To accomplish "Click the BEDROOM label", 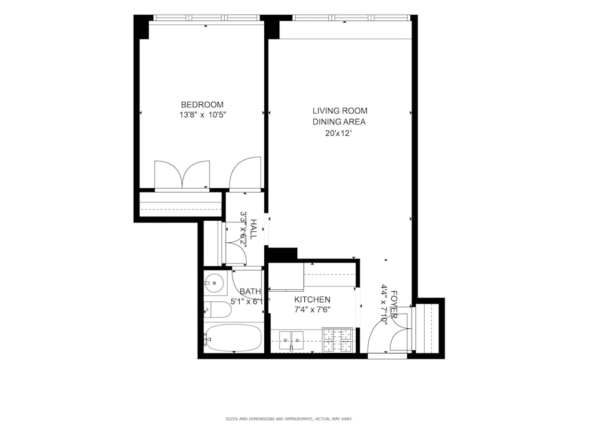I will pyautogui.click(x=202, y=105).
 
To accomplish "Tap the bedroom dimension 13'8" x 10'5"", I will pyautogui.click(x=203, y=115).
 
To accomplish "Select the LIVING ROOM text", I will pyautogui.click(x=340, y=111).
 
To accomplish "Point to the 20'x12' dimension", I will pyautogui.click(x=338, y=133).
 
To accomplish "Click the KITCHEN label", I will pyautogui.click(x=312, y=300).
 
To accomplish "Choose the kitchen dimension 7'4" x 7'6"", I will pyautogui.click(x=312, y=310).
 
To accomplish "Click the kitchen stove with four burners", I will pyautogui.click(x=337, y=340).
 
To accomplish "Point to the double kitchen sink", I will pyautogui.click(x=291, y=340).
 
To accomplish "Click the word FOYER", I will pyautogui.click(x=393, y=304).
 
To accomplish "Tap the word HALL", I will pyautogui.click(x=253, y=229).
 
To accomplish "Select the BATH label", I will pyautogui.click(x=250, y=291).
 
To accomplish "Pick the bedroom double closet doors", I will pyautogui.click(x=182, y=175).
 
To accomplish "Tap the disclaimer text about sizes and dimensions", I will pyautogui.click(x=289, y=419).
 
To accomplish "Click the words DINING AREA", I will pyautogui.click(x=339, y=122).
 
